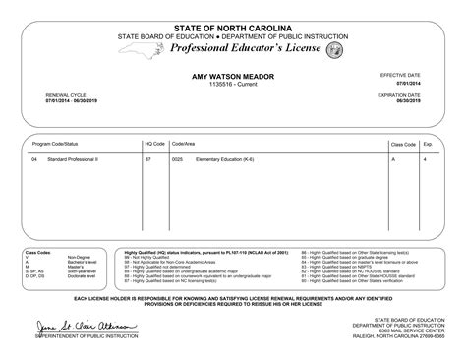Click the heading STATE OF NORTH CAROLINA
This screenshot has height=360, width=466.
click(x=232, y=26)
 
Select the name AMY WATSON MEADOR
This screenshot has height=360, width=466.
click(x=232, y=76)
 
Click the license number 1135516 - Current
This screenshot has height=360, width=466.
click(x=232, y=85)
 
